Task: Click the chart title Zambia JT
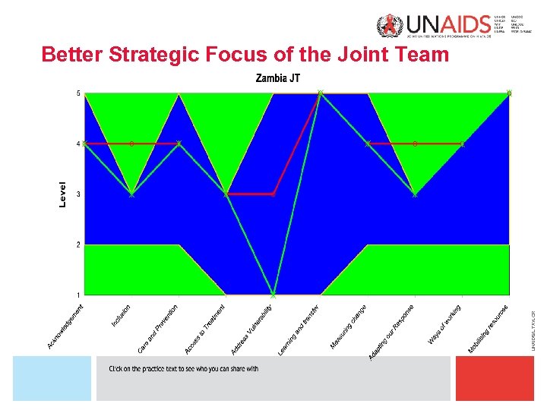click(278, 78)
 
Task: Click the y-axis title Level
click(63, 193)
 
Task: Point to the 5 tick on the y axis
click(78, 93)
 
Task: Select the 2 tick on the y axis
click(78, 244)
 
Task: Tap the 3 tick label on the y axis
click(78, 194)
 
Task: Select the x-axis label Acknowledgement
click(65, 326)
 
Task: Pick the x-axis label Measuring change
click(349, 327)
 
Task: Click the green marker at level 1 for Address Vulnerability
click(273, 294)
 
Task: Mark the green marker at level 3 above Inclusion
click(131, 194)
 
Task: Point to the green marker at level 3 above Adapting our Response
click(415, 194)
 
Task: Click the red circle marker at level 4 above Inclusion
click(131, 143)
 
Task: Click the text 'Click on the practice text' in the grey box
click(183, 369)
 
